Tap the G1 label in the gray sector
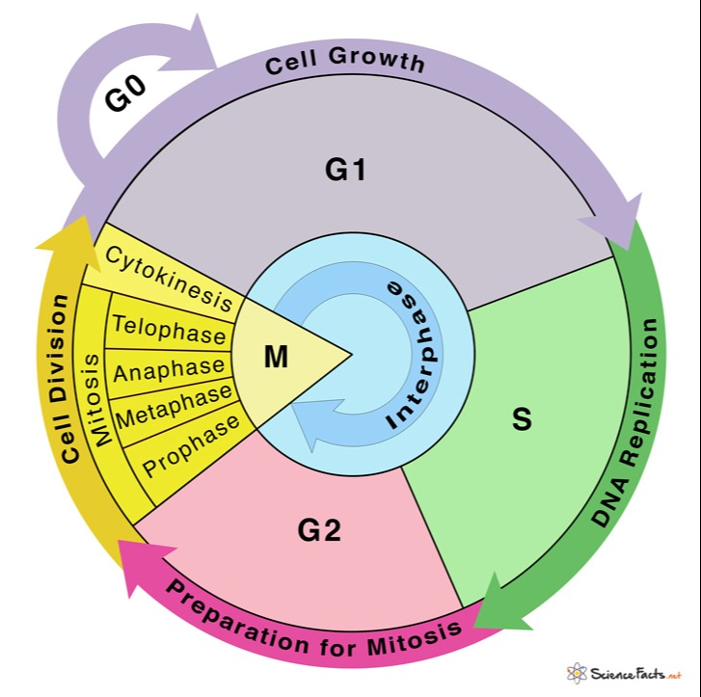346,170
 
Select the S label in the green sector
522,419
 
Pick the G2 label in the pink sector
319,530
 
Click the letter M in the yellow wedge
277,358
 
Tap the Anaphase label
170,369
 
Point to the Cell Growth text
345,64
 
